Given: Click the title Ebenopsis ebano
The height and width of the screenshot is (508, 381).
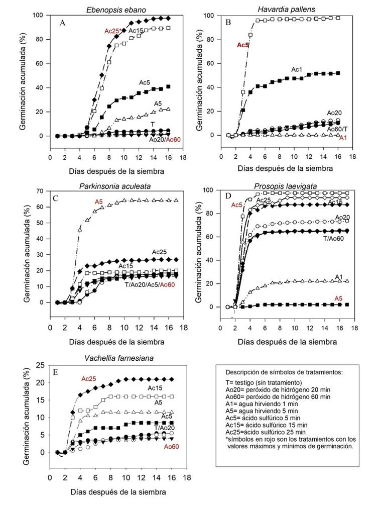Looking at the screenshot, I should (113, 9).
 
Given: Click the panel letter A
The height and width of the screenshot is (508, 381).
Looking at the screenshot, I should (63, 23).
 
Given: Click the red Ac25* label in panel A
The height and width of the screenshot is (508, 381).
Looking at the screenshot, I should (112, 31).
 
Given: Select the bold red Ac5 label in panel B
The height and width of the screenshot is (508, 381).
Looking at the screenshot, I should (243, 45).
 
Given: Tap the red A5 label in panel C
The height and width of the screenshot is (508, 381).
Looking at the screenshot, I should (99, 202).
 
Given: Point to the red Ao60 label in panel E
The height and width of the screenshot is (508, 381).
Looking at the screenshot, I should (171, 446).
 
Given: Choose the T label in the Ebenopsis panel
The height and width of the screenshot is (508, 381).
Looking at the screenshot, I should (152, 124).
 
